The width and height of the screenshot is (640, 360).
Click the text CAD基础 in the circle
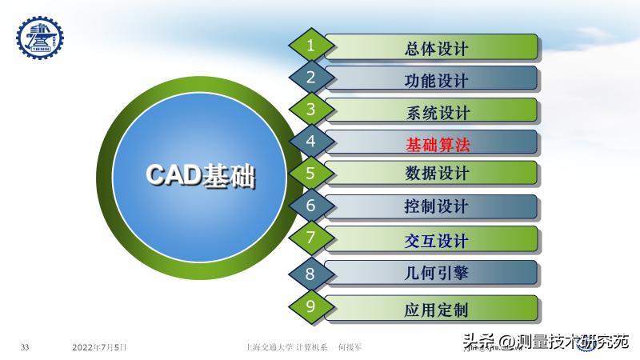pos(201,176)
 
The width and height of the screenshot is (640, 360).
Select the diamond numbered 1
pos(310,46)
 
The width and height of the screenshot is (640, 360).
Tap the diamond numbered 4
pos(310,142)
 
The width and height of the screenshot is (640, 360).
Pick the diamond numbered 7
pos(310,238)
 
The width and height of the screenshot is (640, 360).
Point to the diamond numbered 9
pos(310,306)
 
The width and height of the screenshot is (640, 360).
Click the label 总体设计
pos(437,48)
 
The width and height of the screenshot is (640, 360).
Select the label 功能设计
pos(437,80)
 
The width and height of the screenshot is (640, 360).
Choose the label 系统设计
pos(437,112)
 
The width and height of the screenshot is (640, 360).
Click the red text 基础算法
pos(437,144)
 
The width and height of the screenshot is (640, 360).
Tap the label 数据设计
pos(437,174)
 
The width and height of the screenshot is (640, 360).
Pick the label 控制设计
pos(437,206)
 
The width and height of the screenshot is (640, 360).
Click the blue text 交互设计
pos(437,240)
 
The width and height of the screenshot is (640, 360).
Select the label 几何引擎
pos(437,273)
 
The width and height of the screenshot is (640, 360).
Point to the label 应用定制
pos(437,309)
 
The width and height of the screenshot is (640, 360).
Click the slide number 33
pos(25,347)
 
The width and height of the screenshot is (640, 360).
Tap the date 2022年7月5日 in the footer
pos(99,347)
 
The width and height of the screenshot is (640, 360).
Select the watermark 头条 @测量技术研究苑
pos(544,342)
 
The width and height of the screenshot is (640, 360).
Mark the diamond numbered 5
pos(310,172)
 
